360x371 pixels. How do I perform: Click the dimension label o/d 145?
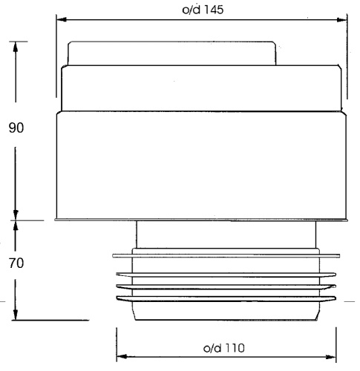(203, 10)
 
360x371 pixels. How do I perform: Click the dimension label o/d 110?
(224, 348)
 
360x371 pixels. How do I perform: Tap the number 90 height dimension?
(16, 128)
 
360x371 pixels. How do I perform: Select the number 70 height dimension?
(16, 263)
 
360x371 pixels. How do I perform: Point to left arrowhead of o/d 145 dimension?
(62, 19)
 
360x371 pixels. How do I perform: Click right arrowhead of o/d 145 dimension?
(341, 20)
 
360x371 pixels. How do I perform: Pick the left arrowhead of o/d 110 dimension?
(122, 356)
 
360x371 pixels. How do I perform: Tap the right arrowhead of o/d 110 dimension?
(331, 357)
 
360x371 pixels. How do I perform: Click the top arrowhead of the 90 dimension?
(16, 47)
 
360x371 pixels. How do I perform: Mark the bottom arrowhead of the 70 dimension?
(16, 315)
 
